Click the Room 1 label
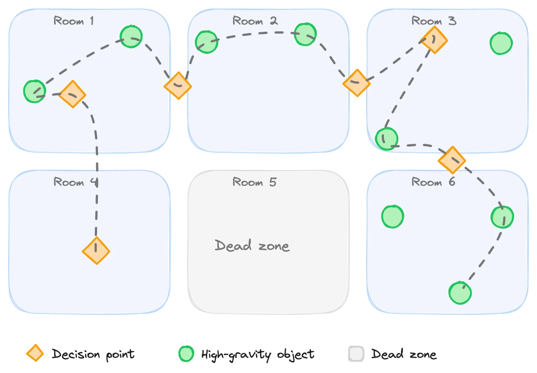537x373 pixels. tap(74, 21)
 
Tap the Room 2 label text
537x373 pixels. tap(255, 21)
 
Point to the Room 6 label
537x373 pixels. tap(433, 182)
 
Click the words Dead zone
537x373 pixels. tap(252, 245)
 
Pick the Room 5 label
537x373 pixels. tap(255, 182)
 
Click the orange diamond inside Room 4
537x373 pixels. tap(96, 251)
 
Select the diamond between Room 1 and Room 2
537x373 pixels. tap(178, 85)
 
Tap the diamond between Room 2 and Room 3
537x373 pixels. tap(357, 83)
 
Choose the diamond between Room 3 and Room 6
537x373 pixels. tap(452, 160)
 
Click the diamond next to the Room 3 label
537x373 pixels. tap(434, 40)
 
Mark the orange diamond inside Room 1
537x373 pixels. tap(72, 94)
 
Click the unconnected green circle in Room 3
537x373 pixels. tap(501, 43)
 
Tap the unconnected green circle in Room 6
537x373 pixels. tap(392, 216)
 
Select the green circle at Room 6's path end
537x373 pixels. tap(460, 293)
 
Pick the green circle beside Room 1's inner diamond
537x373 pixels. tap(34, 91)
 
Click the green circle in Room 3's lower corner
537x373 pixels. tap(386, 139)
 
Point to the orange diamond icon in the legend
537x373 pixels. tap(35, 354)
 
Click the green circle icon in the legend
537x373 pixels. tap(186, 354)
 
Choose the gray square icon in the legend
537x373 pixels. tap(356, 354)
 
